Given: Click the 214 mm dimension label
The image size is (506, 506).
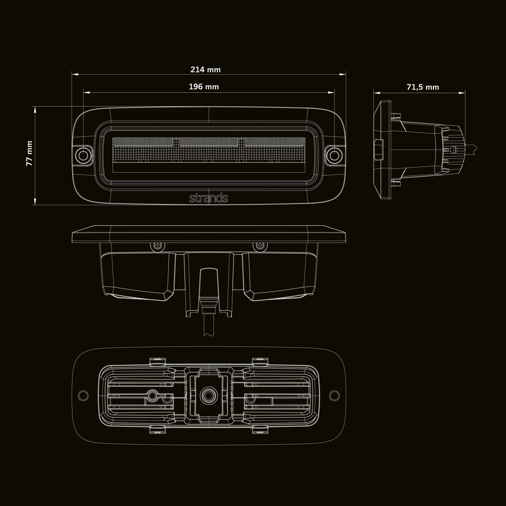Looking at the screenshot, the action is pyautogui.click(x=205, y=70).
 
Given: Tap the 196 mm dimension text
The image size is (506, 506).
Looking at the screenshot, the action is pyautogui.click(x=204, y=87).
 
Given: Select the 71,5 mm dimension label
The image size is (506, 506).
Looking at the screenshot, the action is pyautogui.click(x=423, y=87).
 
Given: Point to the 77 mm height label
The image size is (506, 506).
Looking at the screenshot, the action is pyautogui.click(x=30, y=153).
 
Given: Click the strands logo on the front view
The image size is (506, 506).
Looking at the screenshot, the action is pyautogui.click(x=208, y=198).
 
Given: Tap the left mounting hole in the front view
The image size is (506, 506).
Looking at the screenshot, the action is pyautogui.click(x=83, y=156).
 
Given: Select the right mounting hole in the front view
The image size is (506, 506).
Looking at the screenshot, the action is pyautogui.click(x=334, y=156).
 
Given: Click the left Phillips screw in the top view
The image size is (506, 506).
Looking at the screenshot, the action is pyautogui.click(x=158, y=245).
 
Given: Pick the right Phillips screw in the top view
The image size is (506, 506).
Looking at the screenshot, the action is pyautogui.click(x=260, y=245).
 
